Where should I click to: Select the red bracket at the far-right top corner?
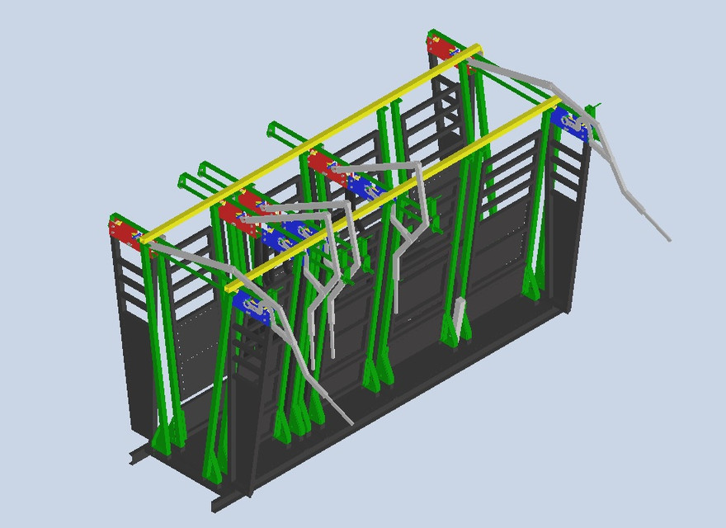tap(441, 48)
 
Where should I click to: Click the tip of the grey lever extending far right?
tap(668, 239)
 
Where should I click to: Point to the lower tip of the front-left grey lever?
tap(351, 423)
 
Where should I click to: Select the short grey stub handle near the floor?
tap(458, 313)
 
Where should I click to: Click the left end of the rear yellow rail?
tap(145, 239)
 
